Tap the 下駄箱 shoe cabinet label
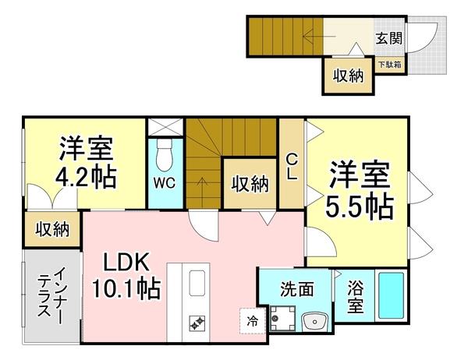390,65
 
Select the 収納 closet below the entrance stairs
348,76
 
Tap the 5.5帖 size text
359,206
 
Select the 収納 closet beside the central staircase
250,184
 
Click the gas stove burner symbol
196,321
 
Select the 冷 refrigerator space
253,320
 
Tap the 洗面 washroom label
296,289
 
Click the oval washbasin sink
316,321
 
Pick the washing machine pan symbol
282,320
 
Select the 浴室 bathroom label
355,298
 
